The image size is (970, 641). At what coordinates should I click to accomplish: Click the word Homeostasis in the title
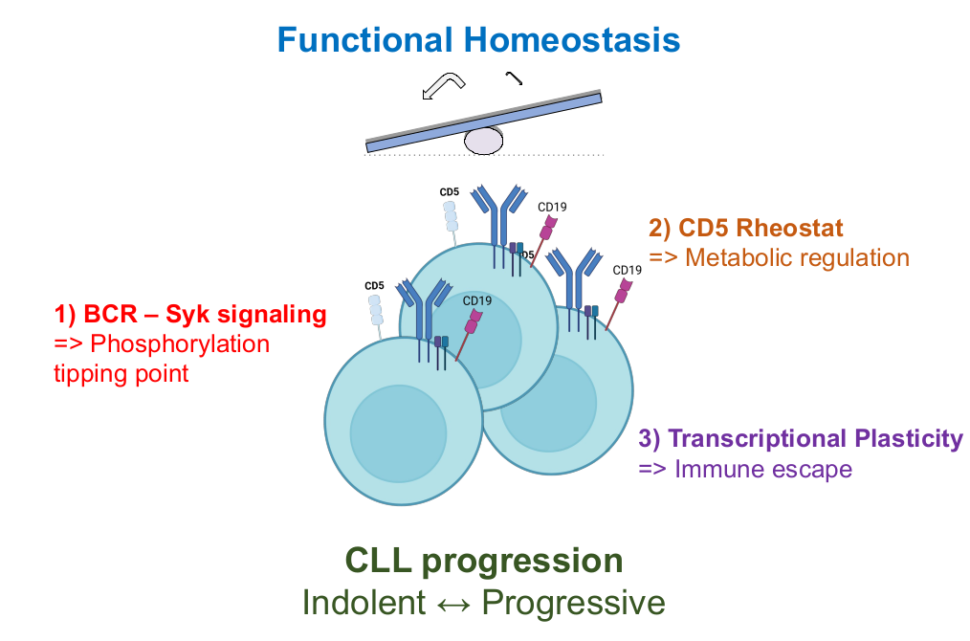[x=572, y=39]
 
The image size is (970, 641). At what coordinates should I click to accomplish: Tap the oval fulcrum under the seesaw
[x=483, y=141]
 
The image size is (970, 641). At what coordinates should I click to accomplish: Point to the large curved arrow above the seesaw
[x=442, y=86]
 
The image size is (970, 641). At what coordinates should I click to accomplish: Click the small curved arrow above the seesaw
[x=515, y=78]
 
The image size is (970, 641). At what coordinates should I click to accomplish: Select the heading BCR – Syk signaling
[x=189, y=314]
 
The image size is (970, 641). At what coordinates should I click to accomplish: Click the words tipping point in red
[x=121, y=373]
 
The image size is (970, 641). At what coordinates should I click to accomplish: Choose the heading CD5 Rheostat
[x=747, y=229]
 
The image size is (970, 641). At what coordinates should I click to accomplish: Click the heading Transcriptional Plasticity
[x=801, y=438]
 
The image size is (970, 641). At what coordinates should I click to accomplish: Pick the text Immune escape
[x=762, y=469]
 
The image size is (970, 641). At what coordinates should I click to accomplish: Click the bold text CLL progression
[x=484, y=561]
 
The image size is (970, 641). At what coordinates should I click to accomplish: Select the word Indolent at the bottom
[x=363, y=603]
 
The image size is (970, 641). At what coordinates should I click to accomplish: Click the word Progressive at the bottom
[x=572, y=603]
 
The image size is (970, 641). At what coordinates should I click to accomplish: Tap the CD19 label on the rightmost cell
[x=627, y=270]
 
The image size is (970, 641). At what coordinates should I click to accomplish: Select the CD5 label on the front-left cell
[x=374, y=285]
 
